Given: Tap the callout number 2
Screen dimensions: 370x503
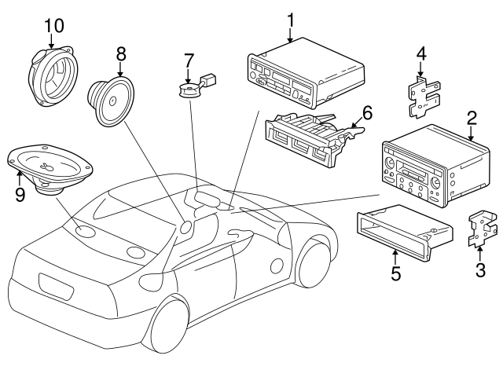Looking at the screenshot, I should click(x=472, y=119).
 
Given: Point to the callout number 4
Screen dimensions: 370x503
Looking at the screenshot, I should click(x=421, y=54).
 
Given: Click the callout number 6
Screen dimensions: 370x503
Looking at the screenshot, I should click(x=366, y=113).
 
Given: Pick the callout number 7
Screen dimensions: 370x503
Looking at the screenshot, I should click(x=189, y=60).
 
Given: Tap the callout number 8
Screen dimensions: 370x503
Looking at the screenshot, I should click(x=120, y=54).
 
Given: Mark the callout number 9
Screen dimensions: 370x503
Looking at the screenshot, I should click(x=20, y=192).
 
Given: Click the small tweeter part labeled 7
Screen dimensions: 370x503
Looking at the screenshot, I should click(x=189, y=91).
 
